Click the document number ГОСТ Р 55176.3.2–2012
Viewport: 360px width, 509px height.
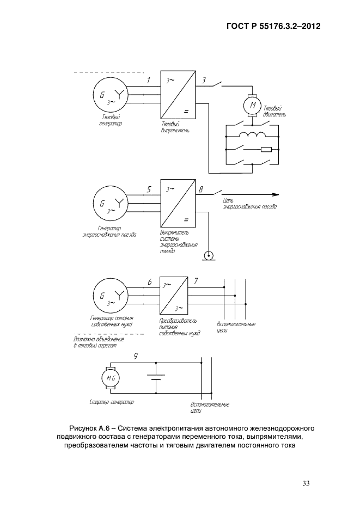[x=273, y=26]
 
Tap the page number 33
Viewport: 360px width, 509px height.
[x=306, y=483]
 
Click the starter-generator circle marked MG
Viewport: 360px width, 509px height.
[x=111, y=378]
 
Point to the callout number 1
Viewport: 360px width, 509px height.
[x=148, y=80]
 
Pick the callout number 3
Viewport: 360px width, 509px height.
[x=204, y=80]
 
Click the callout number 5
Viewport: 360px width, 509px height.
[x=149, y=189]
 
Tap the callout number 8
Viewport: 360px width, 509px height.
[x=201, y=189]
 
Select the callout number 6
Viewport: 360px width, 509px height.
[x=150, y=282]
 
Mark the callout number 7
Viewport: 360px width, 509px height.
[x=196, y=281]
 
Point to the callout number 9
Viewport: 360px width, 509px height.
[x=136, y=357]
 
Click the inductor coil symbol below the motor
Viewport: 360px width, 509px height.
[x=252, y=134]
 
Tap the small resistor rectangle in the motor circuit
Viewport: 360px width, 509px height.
[x=266, y=150]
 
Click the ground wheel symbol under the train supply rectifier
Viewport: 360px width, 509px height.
[x=207, y=256]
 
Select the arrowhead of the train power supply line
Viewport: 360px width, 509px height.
[x=276, y=195]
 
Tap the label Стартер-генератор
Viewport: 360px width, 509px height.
[x=112, y=402]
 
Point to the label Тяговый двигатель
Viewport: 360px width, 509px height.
[x=274, y=111]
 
